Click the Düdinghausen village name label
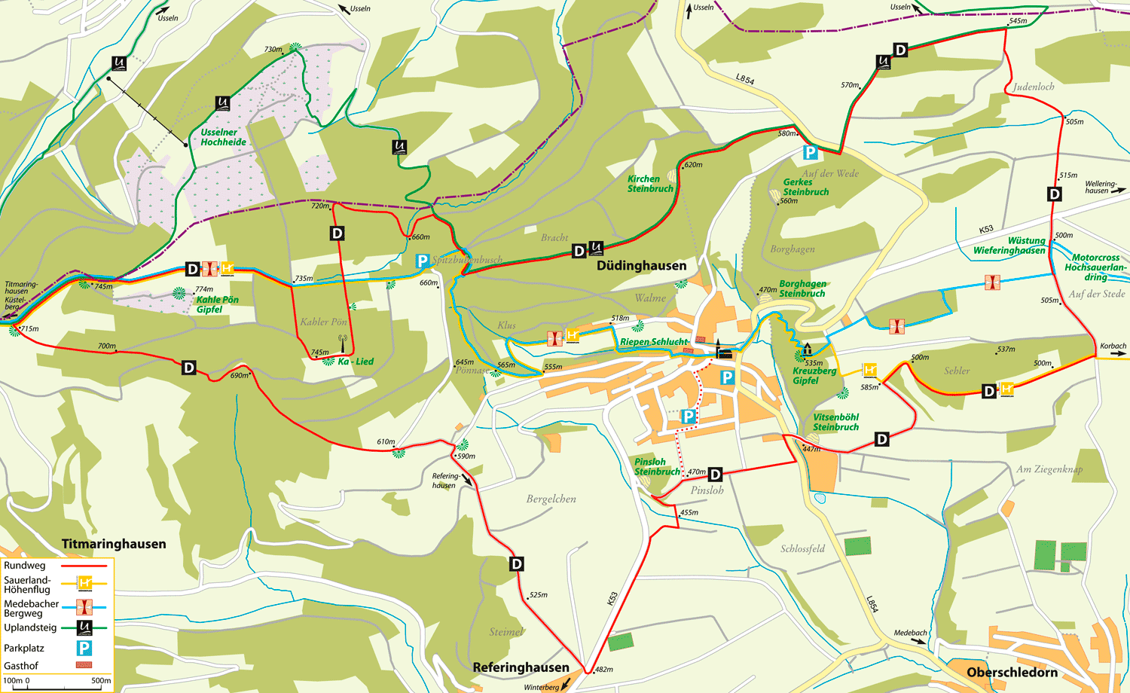pyautogui.click(x=641, y=266)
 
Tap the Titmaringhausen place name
pyautogui.click(x=114, y=544)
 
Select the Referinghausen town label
pyautogui.click(x=521, y=667)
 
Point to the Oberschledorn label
pyautogui.click(x=1012, y=672)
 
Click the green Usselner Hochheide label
pyautogui.click(x=223, y=137)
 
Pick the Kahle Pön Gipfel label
pyautogui.click(x=217, y=304)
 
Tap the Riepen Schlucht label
pyautogui.click(x=654, y=342)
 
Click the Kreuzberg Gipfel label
pyautogui.click(x=814, y=375)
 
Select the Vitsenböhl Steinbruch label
pyautogui.click(x=835, y=422)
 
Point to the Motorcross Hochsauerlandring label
pyautogui.click(x=1095, y=267)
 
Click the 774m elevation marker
pyautogui.click(x=204, y=289)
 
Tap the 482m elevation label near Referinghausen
pyautogui.click(x=603, y=669)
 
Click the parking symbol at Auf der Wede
pyautogui.click(x=810, y=153)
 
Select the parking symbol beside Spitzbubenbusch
pyautogui.click(x=423, y=261)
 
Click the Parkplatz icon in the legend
pyautogui.click(x=84, y=648)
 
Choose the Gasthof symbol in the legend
pyautogui.click(x=84, y=665)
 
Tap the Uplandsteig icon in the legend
pyautogui.click(x=84, y=627)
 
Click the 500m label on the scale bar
pyautogui.click(x=101, y=681)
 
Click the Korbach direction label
pyautogui.click(x=1113, y=346)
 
